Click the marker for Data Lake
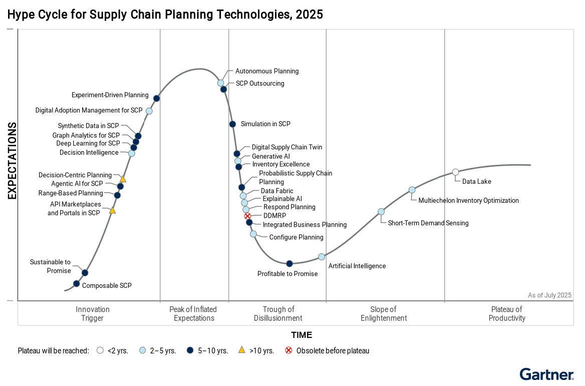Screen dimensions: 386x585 455,172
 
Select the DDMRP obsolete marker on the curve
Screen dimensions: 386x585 247,216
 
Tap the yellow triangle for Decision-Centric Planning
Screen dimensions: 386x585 123,179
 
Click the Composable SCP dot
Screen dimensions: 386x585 77,283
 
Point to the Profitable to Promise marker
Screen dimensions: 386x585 289,263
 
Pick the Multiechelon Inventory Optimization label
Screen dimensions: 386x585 468,200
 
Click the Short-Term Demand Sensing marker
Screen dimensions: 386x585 381,211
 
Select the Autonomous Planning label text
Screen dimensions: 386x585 267,71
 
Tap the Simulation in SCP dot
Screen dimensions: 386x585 232,124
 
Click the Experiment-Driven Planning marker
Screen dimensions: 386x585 156,98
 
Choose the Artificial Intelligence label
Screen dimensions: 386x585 357,266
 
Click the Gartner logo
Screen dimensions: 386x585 546,374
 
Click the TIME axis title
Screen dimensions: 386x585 302,335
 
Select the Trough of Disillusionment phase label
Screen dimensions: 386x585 278,313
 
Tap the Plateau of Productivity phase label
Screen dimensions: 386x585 507,313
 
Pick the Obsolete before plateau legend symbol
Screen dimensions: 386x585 288,350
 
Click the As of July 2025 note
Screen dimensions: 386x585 549,295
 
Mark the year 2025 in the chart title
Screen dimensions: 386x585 309,15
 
